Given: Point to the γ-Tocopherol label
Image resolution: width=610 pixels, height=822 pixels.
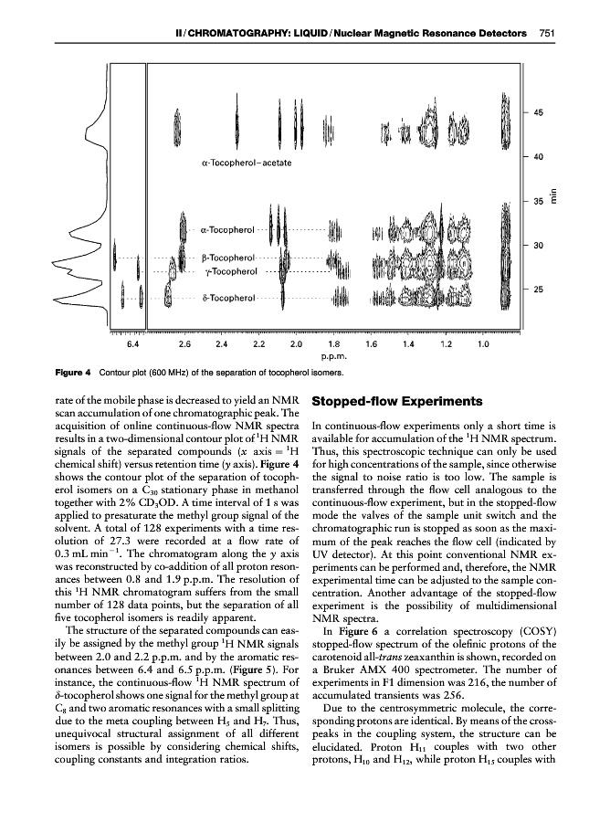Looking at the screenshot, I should point(228,271).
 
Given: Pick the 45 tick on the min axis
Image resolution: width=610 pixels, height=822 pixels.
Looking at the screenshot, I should point(538,112).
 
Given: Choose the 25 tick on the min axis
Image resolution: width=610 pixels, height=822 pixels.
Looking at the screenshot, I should point(538,290).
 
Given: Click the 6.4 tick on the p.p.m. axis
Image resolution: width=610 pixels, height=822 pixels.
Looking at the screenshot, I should point(133,344).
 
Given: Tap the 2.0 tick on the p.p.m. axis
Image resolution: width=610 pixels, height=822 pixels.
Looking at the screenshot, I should point(295,344).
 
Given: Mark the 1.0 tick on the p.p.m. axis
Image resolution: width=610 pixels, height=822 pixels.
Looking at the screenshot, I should point(483,344).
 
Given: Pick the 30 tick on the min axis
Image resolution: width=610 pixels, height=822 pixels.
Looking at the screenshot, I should point(538,246).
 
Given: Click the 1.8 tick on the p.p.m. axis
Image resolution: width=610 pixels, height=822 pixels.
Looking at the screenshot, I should point(332,344).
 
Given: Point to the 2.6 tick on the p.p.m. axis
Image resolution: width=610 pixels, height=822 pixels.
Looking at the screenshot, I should point(184,344).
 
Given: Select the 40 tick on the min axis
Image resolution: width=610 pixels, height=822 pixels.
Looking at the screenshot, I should point(538,157).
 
